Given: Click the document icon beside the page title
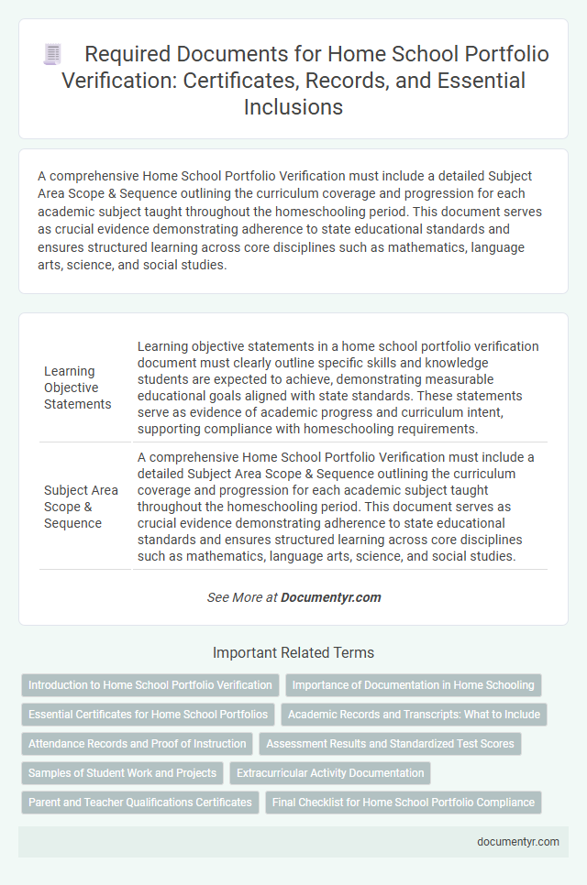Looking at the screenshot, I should [53, 55].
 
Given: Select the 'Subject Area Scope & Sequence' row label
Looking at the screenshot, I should [81, 507].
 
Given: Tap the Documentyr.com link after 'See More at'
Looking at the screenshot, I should [330, 597].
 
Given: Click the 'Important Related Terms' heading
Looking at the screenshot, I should [293, 653].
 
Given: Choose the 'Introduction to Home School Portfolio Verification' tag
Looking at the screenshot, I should [150, 685].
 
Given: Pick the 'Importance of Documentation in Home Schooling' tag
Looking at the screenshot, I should [414, 685].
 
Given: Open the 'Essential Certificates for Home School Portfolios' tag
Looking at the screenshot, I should [149, 715].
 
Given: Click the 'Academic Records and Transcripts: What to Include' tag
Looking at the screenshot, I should [414, 715].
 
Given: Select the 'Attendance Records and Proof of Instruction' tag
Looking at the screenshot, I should [138, 744].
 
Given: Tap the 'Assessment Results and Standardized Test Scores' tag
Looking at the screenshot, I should [390, 744].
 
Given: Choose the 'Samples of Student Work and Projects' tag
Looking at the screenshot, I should [122, 773].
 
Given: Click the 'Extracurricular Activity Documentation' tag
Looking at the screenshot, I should [330, 773].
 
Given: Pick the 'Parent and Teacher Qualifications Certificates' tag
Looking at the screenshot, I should [140, 803].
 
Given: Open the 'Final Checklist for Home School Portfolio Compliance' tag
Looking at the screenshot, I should [404, 803].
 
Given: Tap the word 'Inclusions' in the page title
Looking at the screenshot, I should [293, 106].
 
